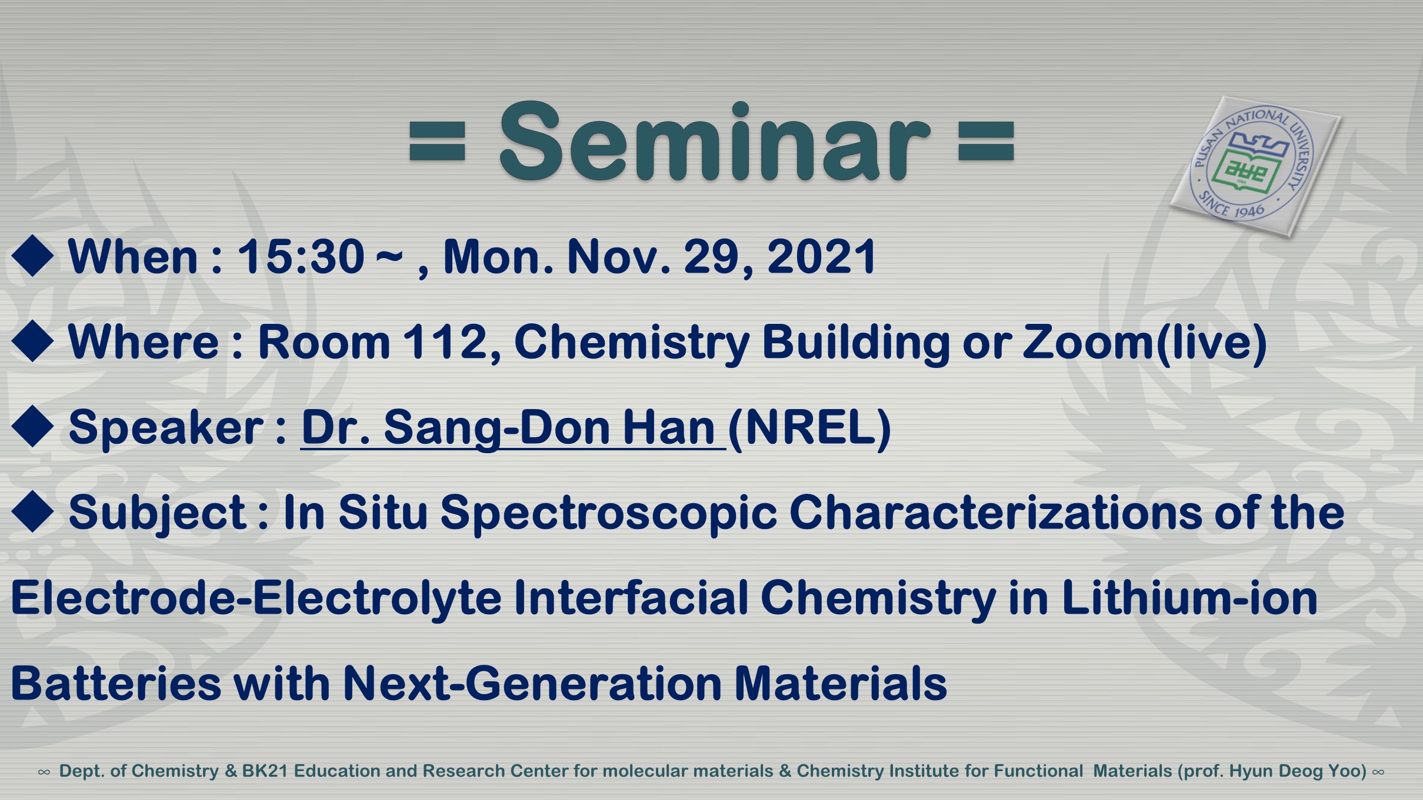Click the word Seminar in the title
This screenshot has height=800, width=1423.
click(714, 141)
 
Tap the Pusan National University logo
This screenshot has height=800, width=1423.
click(1255, 166)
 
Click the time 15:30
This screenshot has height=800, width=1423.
click(301, 257)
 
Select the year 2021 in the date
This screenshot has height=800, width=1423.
click(822, 257)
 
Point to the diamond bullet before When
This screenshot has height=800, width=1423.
click(33, 256)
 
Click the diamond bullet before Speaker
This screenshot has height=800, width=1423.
click(33, 426)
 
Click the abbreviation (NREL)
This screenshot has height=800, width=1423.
click(809, 428)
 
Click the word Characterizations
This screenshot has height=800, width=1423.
click(996, 513)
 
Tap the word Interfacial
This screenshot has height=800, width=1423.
click(631, 598)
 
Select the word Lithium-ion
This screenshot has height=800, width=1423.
click(1189, 598)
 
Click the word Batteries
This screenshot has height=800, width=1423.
click(116, 684)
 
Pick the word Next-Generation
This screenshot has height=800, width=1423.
click(532, 684)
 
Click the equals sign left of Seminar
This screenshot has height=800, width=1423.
click(437, 141)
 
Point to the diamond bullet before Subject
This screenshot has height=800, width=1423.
click(33, 511)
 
